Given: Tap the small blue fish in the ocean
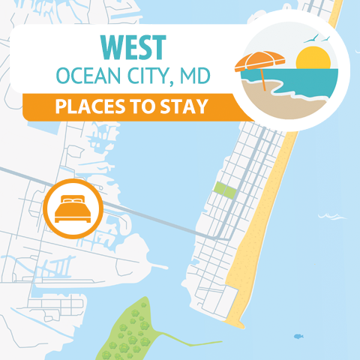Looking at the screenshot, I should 298,336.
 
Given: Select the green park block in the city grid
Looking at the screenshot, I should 223,189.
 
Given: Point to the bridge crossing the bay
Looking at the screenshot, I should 157,217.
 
